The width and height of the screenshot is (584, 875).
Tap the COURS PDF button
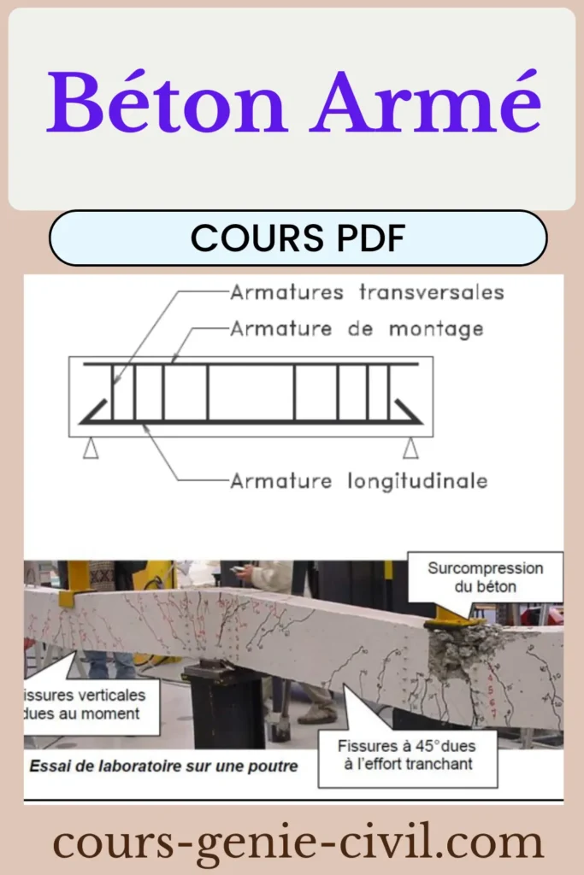click(x=298, y=238)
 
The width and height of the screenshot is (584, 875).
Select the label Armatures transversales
click(x=367, y=293)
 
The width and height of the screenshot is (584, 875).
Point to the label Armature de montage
click(x=357, y=328)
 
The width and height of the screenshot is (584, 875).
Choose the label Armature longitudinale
click(x=359, y=481)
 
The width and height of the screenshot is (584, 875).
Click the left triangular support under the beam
click(x=91, y=448)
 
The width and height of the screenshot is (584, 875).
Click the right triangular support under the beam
click(x=411, y=448)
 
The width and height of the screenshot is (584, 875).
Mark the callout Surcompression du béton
click(x=485, y=577)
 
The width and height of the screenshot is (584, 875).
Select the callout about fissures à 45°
click(x=409, y=755)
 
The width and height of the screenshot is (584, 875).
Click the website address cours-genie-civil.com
click(x=298, y=843)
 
